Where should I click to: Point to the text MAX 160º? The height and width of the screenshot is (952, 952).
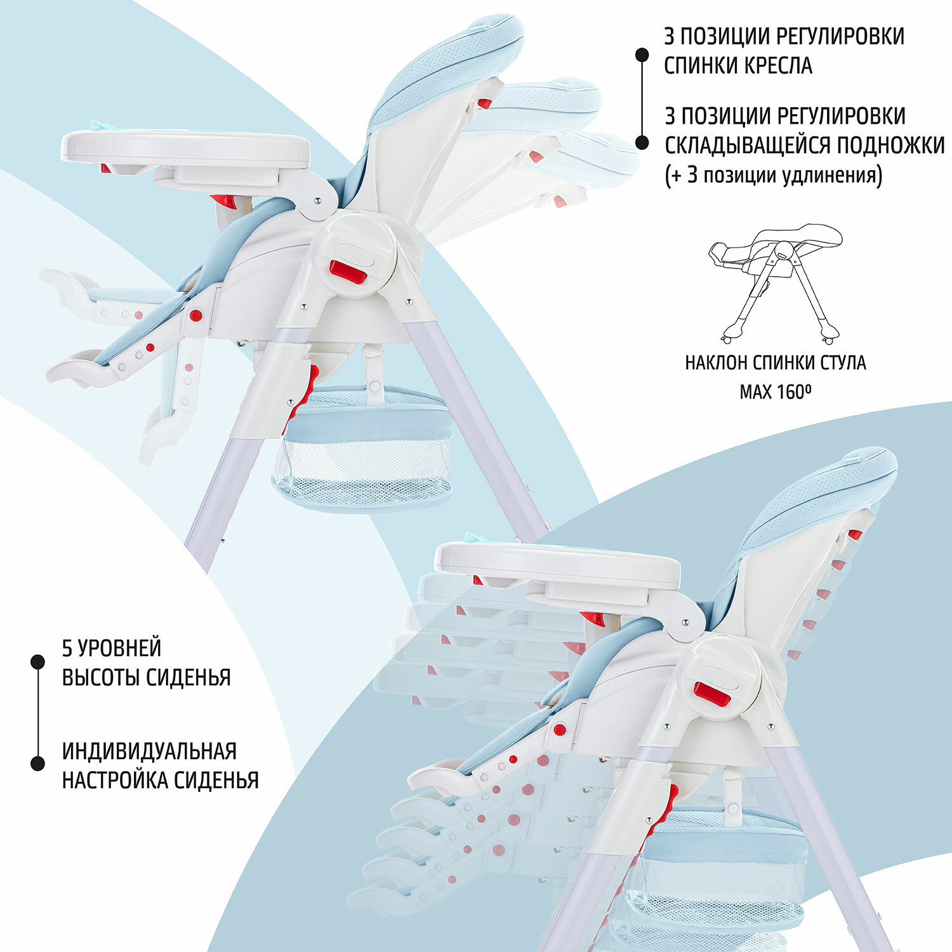[x=776, y=392]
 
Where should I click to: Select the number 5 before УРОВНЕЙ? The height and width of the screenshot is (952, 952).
[x=67, y=648]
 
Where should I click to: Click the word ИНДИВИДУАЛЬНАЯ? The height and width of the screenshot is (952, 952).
[x=149, y=751]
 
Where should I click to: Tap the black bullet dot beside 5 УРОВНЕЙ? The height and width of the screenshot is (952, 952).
[x=38, y=662]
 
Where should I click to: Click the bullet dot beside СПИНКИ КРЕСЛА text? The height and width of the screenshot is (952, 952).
[x=642, y=55]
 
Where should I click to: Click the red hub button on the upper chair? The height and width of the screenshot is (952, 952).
[x=347, y=272]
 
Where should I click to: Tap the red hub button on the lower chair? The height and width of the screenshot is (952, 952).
[x=712, y=694]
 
